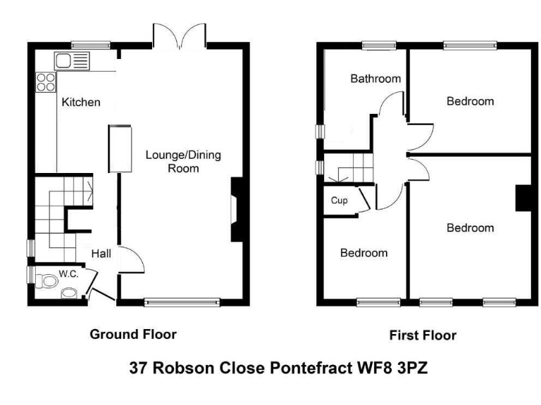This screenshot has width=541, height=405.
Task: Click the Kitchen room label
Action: pos(81,103)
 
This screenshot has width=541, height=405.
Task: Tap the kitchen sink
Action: pos(72,60)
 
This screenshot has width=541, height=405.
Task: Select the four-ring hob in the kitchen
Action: pos(46,82)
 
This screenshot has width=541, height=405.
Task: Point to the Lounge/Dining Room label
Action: pos(182,162)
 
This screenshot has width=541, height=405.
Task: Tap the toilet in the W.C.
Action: pos(46,282)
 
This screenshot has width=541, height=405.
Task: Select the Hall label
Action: pos(101,254)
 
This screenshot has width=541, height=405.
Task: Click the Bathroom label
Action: pos(375,79)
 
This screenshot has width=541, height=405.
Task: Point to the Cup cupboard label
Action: pos(340,200)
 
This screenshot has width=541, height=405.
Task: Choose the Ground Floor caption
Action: pos(132,334)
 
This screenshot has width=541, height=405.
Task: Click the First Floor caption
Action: pos(423,335)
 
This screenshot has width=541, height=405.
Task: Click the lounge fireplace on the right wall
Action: pos(237,210)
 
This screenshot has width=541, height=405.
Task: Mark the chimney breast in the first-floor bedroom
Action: pos(523,198)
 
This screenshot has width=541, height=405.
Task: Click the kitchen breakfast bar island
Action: pos(119,148)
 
